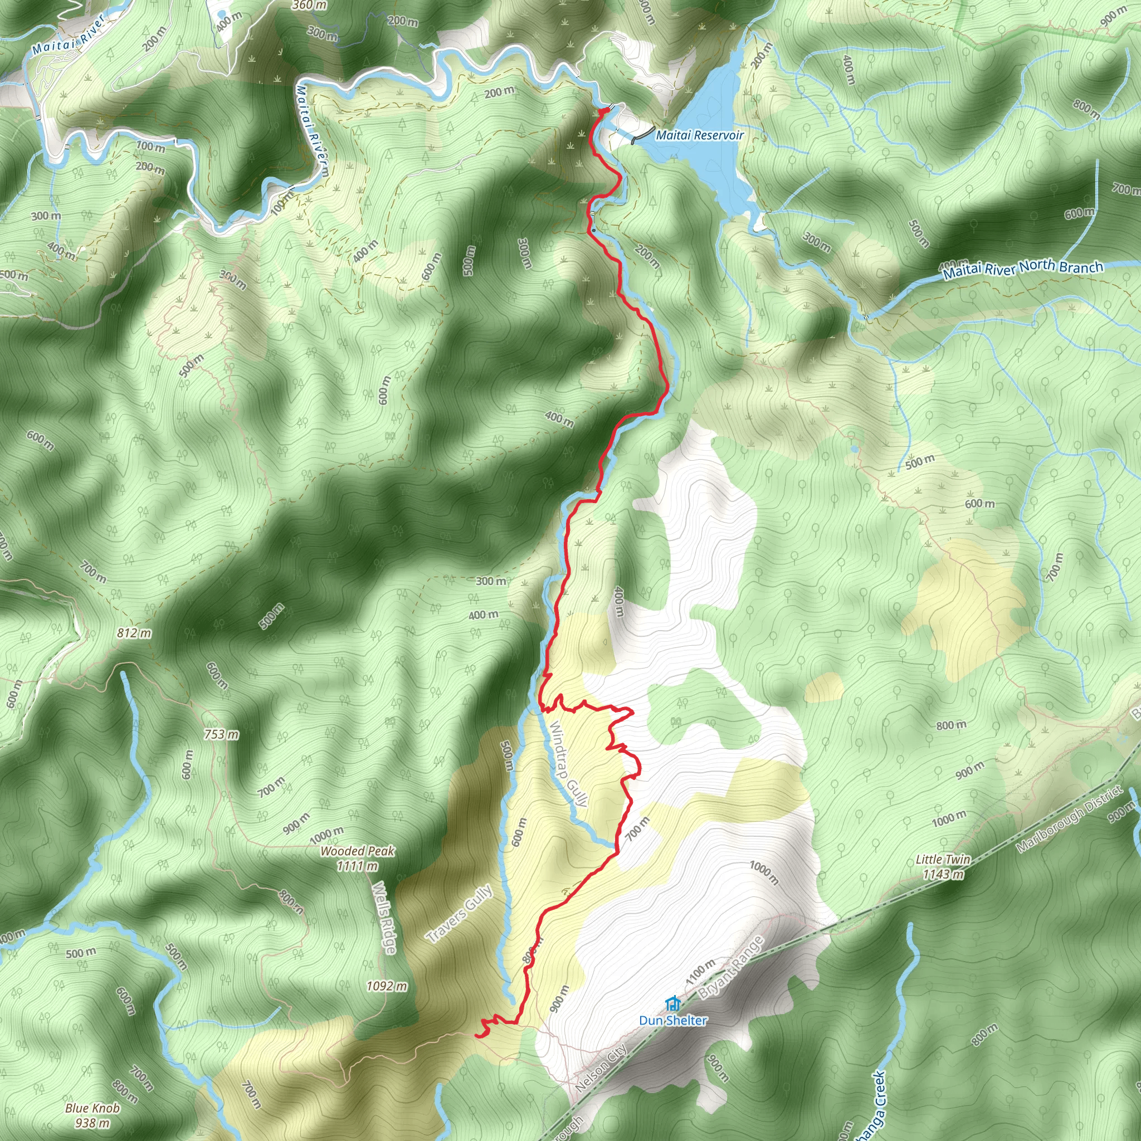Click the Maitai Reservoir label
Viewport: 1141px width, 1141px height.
pyautogui.click(x=700, y=135)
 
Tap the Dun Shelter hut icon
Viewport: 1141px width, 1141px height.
pyautogui.click(x=671, y=1003)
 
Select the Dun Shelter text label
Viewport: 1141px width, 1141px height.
pyautogui.click(x=672, y=1020)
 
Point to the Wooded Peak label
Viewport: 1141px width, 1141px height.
pyautogui.click(x=357, y=851)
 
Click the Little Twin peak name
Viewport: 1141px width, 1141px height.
pyautogui.click(x=943, y=859)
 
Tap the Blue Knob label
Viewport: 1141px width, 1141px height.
pyautogui.click(x=92, y=1108)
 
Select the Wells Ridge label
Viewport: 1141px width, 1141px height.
pyautogui.click(x=384, y=917)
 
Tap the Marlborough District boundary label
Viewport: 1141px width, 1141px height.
pyautogui.click(x=1069, y=818)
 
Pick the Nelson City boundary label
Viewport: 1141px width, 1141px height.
pyautogui.click(x=601, y=1068)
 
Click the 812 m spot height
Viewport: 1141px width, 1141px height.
pyautogui.click(x=134, y=633)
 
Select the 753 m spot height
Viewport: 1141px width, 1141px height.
pyautogui.click(x=222, y=734)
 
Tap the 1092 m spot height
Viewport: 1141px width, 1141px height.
pyautogui.click(x=387, y=986)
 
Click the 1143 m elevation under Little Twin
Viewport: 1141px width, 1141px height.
pyautogui.click(x=943, y=874)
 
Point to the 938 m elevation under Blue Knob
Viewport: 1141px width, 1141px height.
pyautogui.click(x=92, y=1123)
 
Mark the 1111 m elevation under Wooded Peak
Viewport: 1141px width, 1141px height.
pyautogui.click(x=357, y=866)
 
